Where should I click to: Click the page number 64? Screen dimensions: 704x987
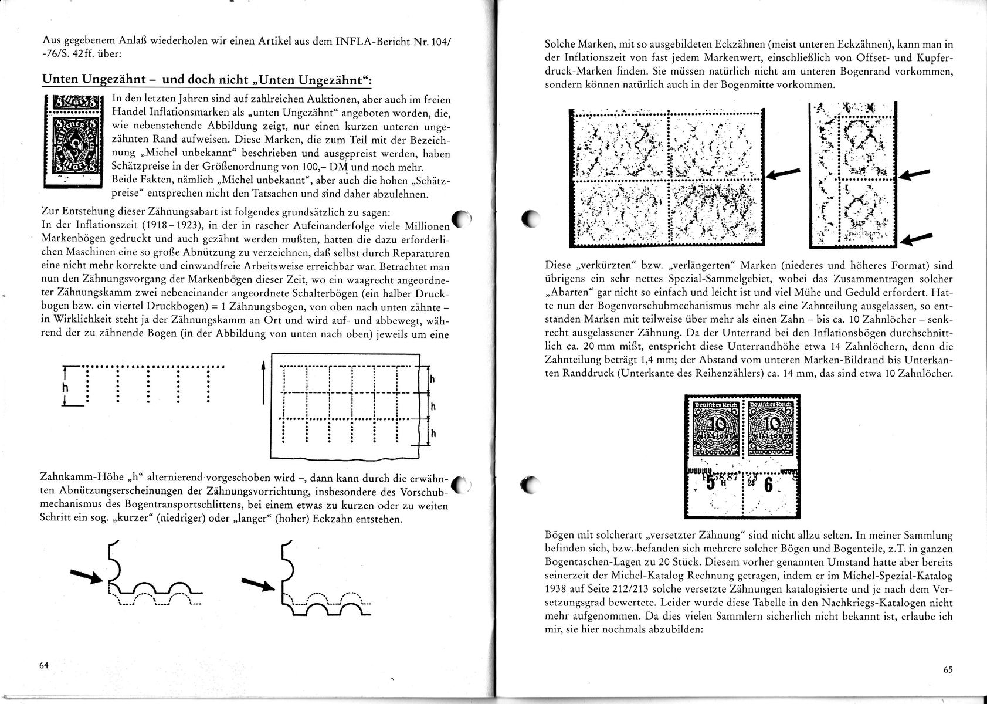43,665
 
